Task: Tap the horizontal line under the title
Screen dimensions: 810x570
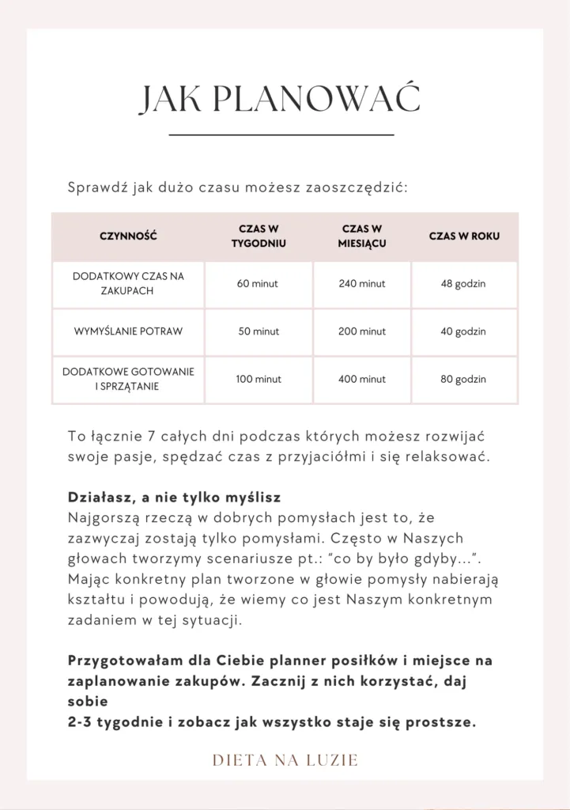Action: [281, 136]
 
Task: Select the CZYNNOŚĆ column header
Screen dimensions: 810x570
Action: [128, 236]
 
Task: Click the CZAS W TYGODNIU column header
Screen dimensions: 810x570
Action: [258, 236]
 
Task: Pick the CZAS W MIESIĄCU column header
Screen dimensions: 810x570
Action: [361, 236]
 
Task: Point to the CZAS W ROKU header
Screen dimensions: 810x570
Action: [464, 236]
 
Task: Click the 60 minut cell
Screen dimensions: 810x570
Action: [258, 284]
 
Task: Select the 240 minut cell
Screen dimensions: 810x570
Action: [361, 284]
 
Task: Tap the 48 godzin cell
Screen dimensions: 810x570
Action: [464, 284]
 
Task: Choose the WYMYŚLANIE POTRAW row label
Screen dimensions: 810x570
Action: [128, 331]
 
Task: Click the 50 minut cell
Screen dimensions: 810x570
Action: [258, 331]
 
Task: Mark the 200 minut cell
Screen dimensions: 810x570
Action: [361, 331]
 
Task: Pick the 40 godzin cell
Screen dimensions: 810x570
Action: [464, 331]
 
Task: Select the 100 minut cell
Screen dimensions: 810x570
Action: [258, 380]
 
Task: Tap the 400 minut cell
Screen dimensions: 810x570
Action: [361, 380]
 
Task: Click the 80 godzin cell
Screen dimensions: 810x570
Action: [464, 380]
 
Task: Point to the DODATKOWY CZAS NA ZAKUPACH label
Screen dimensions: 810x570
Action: [128, 284]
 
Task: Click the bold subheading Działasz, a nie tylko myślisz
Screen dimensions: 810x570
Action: [175, 500]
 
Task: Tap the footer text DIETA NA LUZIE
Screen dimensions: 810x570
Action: [285, 760]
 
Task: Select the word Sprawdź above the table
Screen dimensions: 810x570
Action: [92, 188]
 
